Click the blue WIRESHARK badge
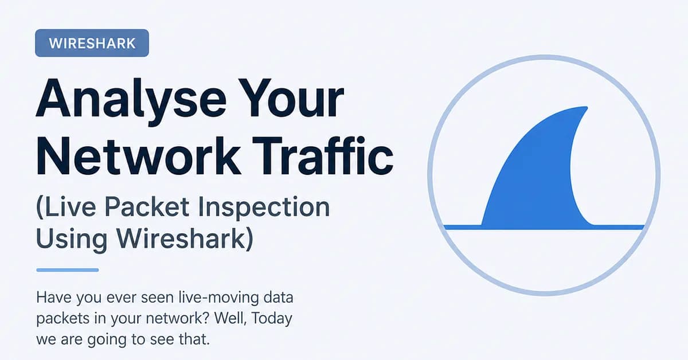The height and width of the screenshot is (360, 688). click(92, 44)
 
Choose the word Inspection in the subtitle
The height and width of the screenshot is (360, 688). click(264, 208)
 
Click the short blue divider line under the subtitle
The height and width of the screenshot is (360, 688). click(67, 270)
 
